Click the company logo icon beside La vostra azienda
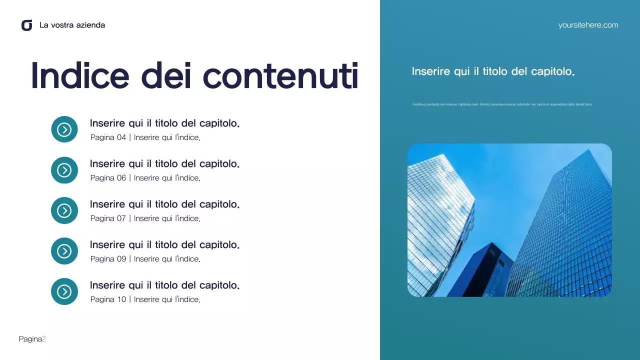click(27, 25)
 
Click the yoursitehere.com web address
click(588, 25)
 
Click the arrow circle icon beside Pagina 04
click(64, 129)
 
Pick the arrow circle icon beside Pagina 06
click(64, 170)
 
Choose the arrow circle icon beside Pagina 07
click(64, 210)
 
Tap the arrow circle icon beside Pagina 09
click(64, 251)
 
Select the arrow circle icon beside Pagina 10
click(64, 291)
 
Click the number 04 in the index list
click(121, 137)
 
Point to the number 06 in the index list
click(121, 178)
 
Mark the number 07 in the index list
click(121, 218)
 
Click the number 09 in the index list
click(121, 259)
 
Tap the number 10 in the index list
click(121, 299)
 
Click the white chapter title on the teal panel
click(493, 71)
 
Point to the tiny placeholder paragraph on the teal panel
click(502, 104)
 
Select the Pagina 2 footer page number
click(32, 339)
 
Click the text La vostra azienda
click(72, 25)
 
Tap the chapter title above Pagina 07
click(164, 204)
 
